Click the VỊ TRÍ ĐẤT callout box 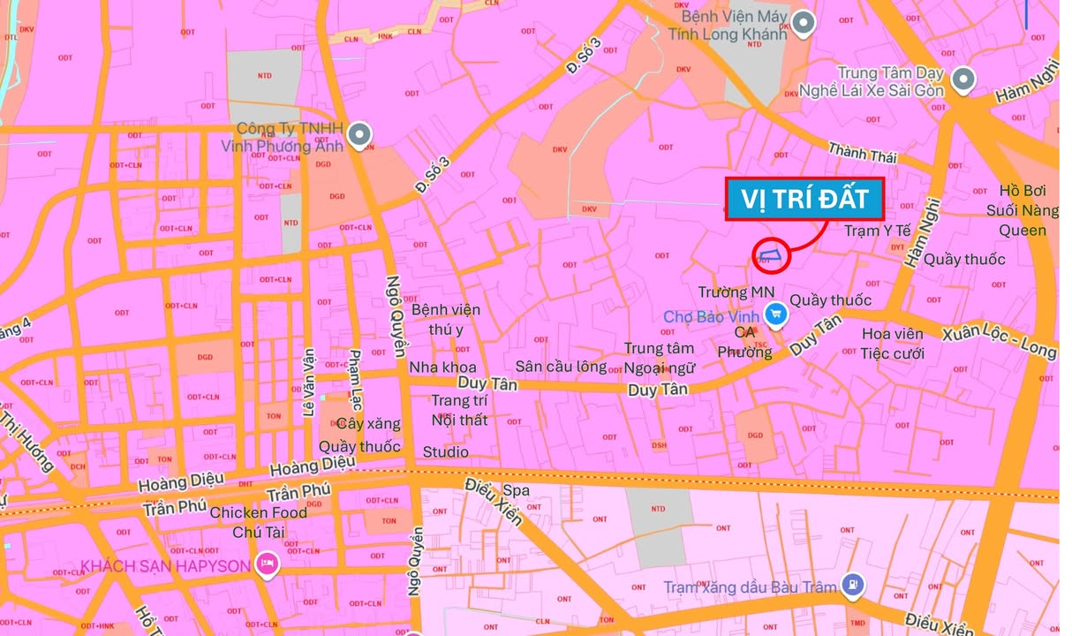(804, 200)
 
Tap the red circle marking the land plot (770, 256)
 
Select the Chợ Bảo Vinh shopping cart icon (776, 314)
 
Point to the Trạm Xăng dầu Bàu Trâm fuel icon (852, 584)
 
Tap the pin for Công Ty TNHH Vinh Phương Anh (359, 135)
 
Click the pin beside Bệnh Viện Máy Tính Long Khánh (802, 23)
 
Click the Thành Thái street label (862, 154)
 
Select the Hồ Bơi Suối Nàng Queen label (1022, 210)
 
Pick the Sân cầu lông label (562, 366)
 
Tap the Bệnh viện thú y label (446, 319)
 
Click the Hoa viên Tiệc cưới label (892, 344)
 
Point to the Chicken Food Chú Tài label (258, 522)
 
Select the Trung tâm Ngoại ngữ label (660, 358)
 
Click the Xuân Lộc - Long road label (999, 342)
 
